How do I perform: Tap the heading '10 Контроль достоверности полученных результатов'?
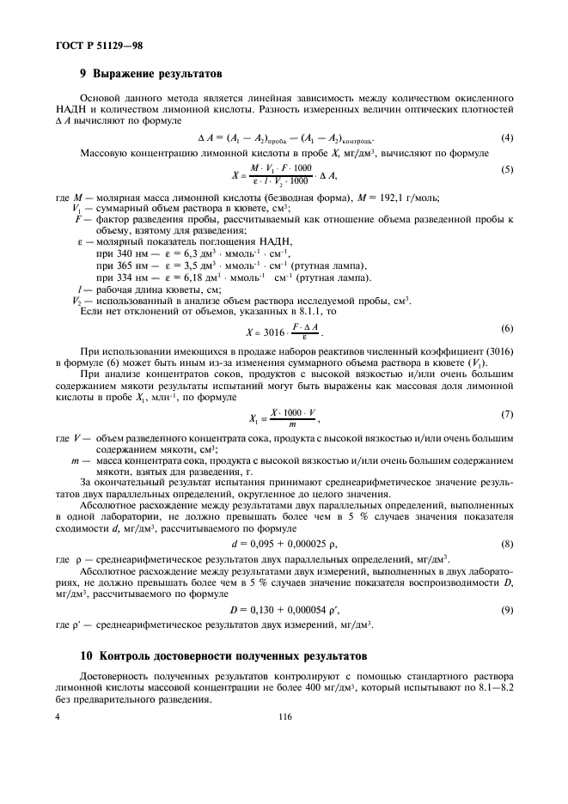[x=203, y=657]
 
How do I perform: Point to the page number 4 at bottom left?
[x=58, y=714]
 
